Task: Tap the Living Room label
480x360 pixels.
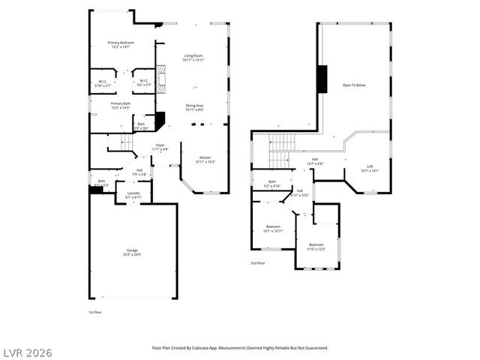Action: [x=194, y=58]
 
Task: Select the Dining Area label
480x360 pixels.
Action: [x=194, y=107]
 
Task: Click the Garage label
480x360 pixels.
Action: [x=132, y=253]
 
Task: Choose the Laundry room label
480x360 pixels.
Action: [x=132, y=195]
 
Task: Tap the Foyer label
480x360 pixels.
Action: [x=160, y=147]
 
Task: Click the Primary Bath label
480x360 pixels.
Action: [x=121, y=106]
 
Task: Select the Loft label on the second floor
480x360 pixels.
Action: [x=370, y=169]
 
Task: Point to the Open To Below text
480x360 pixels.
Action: [x=354, y=85]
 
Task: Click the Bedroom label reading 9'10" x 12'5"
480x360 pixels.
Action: [x=316, y=247]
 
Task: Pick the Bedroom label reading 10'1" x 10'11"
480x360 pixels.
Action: [x=273, y=229]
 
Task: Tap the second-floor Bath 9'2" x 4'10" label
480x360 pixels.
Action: [x=272, y=183]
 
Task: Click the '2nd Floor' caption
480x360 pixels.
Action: [x=257, y=263]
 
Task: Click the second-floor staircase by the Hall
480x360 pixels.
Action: [x=278, y=149]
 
